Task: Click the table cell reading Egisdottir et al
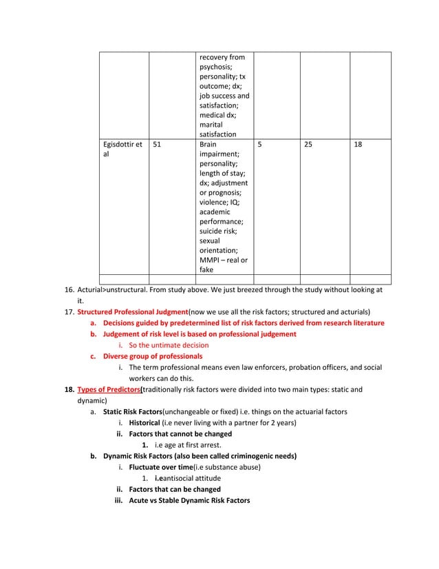coord(121,151)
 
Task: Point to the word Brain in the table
coord(208,145)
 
